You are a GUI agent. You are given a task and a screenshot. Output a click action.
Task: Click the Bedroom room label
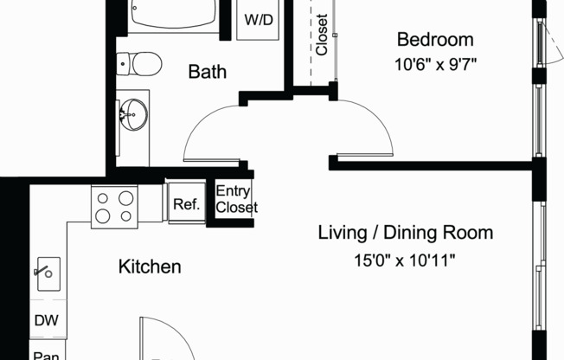[435, 39]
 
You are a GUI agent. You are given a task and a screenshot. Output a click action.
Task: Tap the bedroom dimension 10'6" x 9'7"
[435, 62]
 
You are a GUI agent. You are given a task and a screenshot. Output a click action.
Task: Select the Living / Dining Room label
[406, 233]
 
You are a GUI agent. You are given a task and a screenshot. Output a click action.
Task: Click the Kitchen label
[150, 267]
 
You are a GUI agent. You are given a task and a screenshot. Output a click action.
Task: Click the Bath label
[208, 72]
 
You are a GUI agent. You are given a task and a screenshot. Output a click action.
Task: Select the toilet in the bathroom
[138, 62]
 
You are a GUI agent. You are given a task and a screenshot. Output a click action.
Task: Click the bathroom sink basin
[133, 112]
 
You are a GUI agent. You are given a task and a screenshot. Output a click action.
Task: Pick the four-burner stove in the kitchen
[115, 206]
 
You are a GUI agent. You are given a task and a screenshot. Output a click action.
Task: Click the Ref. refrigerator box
[187, 205]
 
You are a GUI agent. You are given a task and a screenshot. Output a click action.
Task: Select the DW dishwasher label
[46, 321]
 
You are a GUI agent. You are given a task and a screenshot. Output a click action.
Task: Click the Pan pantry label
[45, 353]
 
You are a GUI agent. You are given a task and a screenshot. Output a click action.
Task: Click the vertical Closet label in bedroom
[322, 35]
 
